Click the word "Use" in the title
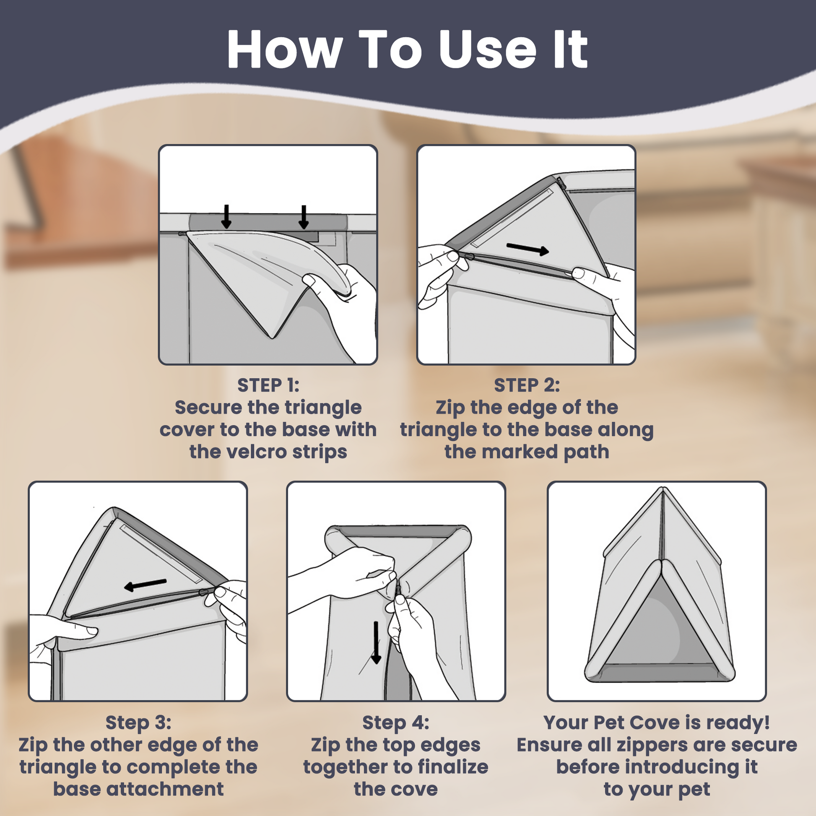click(x=488, y=50)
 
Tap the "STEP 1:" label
click(x=268, y=385)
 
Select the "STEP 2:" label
click(x=527, y=385)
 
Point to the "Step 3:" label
click(x=138, y=722)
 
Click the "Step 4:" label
click(x=396, y=722)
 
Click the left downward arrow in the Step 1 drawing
click(x=226, y=217)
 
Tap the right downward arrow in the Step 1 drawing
click(x=303, y=217)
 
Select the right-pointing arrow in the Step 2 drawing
click(x=528, y=249)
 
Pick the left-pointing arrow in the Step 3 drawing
click(x=145, y=585)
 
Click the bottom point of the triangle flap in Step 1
click(x=273, y=338)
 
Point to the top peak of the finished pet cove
click(x=663, y=489)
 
